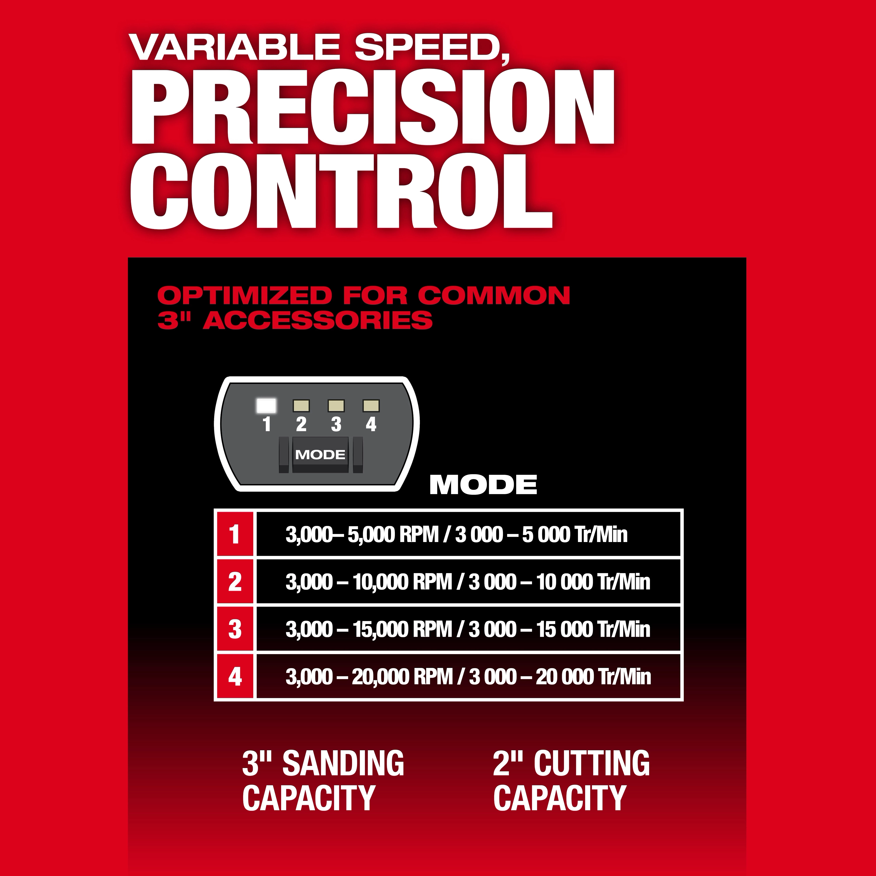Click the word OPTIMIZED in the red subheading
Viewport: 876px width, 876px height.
[x=245, y=296]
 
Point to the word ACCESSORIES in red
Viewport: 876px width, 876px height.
[x=317, y=321]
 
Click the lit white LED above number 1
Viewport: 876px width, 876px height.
[x=266, y=405]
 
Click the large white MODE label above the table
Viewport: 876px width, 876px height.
[x=483, y=485]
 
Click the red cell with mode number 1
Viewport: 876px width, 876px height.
[x=234, y=534]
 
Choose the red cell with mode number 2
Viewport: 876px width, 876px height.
[x=234, y=582]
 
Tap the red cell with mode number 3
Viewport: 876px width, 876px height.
[x=234, y=629]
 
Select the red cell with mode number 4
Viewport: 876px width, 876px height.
[x=234, y=676]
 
